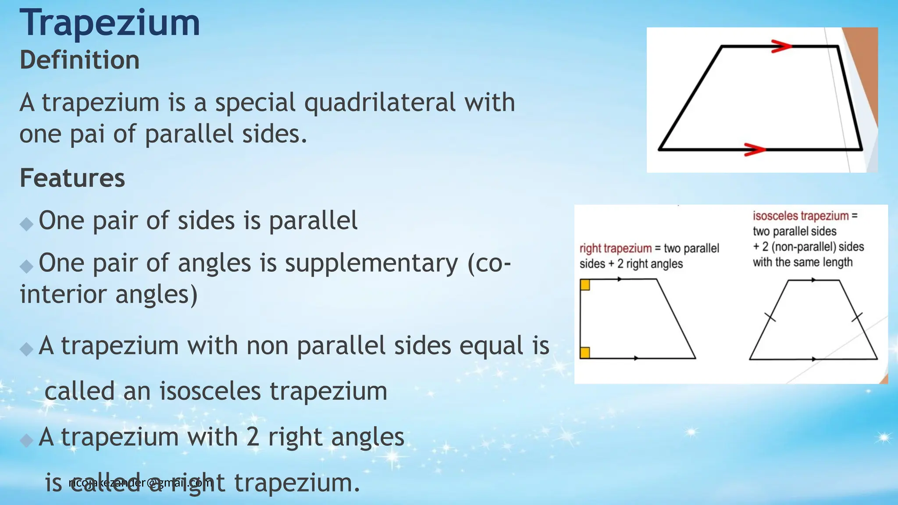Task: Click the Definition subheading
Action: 79,60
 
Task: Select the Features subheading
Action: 72,178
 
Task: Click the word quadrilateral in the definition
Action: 380,103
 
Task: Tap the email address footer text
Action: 140,483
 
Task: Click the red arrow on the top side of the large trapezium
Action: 781,46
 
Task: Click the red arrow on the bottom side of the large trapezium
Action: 755,149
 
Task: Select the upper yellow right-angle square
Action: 585,285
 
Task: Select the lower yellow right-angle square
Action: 585,352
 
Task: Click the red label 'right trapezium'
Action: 615,249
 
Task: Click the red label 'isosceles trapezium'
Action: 801,216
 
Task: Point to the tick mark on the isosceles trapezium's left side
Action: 770,317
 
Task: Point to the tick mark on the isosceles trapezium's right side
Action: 857,317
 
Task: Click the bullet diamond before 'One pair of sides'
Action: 27,224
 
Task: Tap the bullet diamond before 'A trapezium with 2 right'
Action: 27,440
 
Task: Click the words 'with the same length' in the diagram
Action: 802,262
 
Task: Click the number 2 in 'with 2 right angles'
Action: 252,437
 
